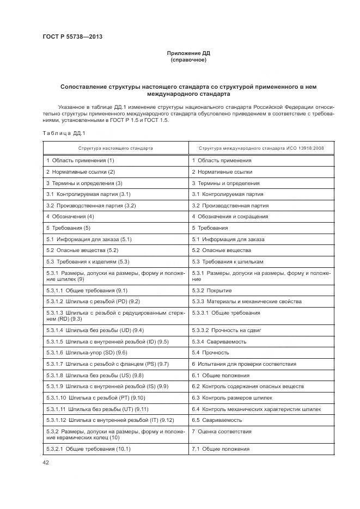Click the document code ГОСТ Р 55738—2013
coord(73,36)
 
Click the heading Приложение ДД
coord(188,53)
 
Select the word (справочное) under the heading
coord(188,60)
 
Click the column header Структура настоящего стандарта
coord(115,148)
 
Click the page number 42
coord(46,463)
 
